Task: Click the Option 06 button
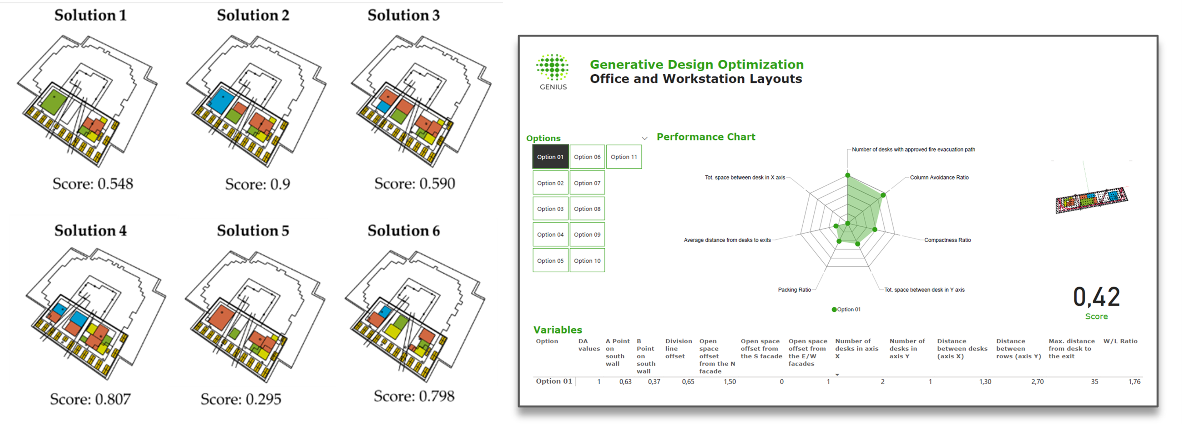(x=587, y=157)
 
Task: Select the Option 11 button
(x=624, y=157)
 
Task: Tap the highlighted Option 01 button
(x=550, y=157)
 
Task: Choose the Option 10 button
(x=587, y=261)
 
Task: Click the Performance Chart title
(x=706, y=137)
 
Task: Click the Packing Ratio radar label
(x=794, y=290)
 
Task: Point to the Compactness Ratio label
(x=947, y=240)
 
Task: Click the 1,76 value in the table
(x=1134, y=382)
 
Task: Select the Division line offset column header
(x=678, y=349)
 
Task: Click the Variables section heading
(x=558, y=330)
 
